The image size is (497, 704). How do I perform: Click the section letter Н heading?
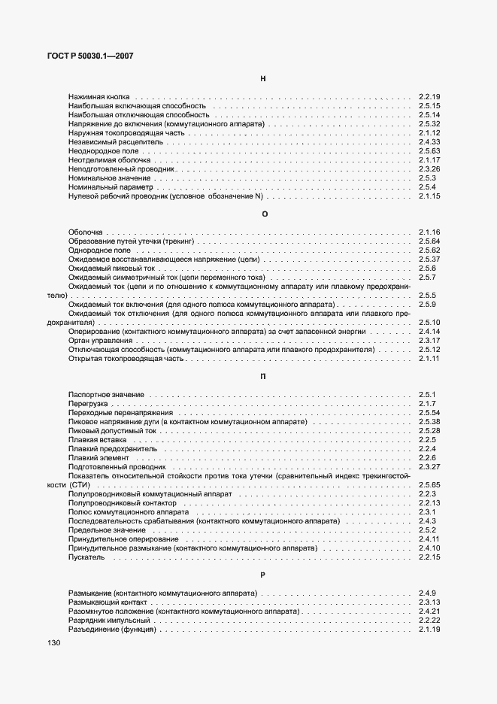pos(264,78)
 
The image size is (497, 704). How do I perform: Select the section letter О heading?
pos(264,214)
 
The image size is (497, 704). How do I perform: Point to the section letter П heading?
pos(264,377)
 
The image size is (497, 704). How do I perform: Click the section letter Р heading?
pos(264,575)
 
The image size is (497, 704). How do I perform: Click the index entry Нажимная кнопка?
pos(98,97)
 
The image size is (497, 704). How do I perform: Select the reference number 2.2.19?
pos(429,97)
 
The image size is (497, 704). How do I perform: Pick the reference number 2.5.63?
pos(429,151)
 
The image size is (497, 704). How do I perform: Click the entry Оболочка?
pos(86,232)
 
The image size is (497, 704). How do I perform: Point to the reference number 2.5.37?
pos(429,259)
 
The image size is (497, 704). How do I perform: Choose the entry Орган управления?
pos(100,341)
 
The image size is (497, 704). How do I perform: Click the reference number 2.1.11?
pos(429,359)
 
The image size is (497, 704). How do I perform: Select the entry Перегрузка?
pos(89,404)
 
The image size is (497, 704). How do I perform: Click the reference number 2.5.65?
pos(429,485)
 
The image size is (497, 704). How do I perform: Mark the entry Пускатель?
pos(86,557)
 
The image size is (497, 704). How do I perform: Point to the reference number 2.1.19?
pos(429,630)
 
